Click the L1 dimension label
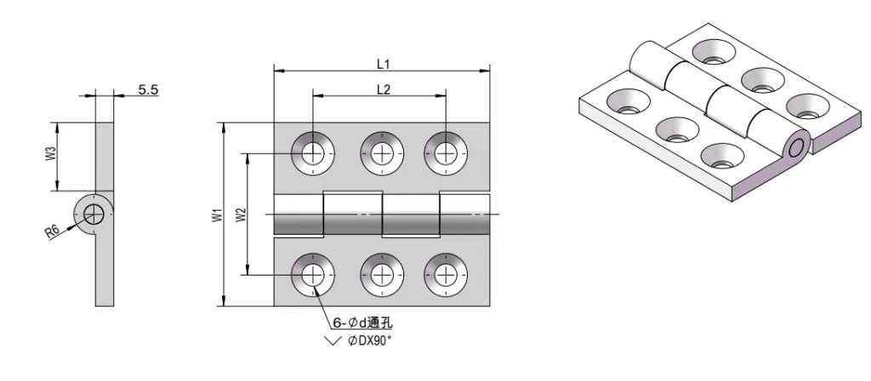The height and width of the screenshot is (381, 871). click(x=382, y=64)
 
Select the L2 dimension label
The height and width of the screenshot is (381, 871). click(x=382, y=89)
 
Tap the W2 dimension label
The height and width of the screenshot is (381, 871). click(x=242, y=215)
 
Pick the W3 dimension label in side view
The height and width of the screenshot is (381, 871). click(x=51, y=156)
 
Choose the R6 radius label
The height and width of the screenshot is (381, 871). click(x=53, y=230)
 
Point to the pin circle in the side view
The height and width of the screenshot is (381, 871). click(x=94, y=213)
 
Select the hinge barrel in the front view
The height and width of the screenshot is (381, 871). click(x=382, y=215)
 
